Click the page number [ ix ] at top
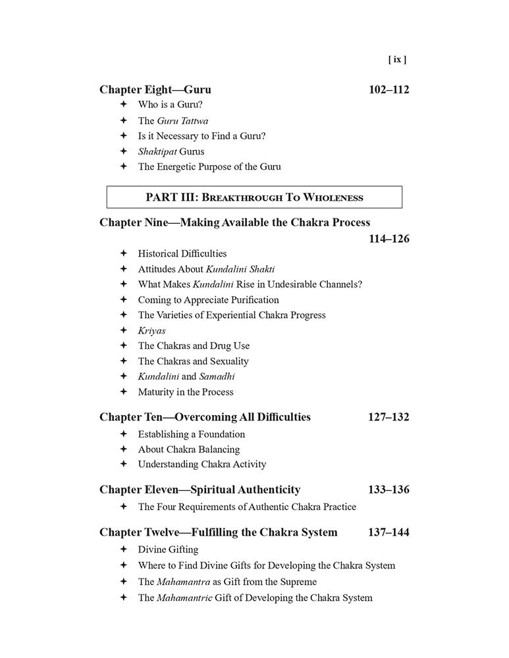pos(397,59)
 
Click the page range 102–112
pos(388,89)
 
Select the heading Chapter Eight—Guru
pos(155,89)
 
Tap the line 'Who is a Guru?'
pos(170,105)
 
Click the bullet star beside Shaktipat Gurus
pos(123,151)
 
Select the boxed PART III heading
pos(254,197)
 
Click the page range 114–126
pos(388,239)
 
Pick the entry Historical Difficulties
pos(182,253)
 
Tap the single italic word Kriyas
pos(151,330)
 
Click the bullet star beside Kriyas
pos(123,330)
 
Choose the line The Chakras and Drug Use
pos(194,345)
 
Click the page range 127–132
pos(388,417)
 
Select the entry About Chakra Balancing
pos(189,449)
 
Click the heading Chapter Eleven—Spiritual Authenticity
pos(200,490)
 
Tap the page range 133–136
pos(388,490)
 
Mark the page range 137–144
pos(388,532)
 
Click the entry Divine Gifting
pos(168,549)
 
